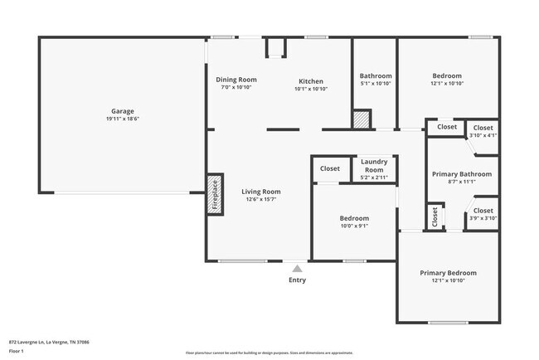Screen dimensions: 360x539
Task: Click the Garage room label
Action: point(123,111)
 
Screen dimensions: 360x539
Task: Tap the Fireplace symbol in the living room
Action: point(214,195)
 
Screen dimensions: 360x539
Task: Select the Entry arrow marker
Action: point(297,269)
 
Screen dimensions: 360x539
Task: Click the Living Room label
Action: point(260,192)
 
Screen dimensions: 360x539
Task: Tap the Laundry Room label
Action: point(375,165)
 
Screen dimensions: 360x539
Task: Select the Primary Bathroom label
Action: point(462,174)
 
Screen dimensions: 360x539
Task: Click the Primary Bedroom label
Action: point(448,273)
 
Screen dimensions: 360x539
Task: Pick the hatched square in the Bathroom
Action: point(362,119)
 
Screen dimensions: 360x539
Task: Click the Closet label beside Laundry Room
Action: point(330,168)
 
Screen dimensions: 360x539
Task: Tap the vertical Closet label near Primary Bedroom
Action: point(435,217)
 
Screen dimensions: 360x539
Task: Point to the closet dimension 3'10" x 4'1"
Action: point(483,135)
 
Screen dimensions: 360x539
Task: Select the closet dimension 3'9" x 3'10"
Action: point(483,218)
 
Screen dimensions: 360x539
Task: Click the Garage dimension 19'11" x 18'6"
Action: point(123,119)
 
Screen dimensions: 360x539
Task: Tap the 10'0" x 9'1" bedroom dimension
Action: point(354,226)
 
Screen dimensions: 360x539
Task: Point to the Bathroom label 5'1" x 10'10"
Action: point(376,83)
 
